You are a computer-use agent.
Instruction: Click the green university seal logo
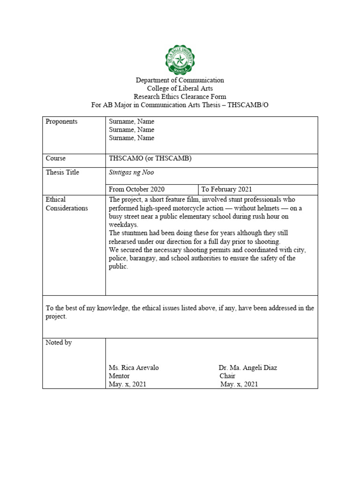[180, 60]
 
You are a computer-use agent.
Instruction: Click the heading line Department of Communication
[180, 80]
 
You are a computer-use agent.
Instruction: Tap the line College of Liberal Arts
[180, 89]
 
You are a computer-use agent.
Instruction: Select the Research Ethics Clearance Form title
[180, 97]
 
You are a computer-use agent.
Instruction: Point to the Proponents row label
[61, 121]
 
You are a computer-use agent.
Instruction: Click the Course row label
[55, 158]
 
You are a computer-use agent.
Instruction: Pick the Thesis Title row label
[62, 172]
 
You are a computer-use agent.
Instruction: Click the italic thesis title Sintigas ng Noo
[131, 172]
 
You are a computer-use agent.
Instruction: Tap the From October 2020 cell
[136, 189]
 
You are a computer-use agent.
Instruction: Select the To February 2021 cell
[227, 189]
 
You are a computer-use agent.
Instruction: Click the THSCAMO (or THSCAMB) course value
[150, 158]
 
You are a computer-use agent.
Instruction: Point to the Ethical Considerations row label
[66, 204]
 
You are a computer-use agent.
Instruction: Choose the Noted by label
[59, 343]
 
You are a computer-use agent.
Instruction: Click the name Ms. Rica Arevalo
[134, 368]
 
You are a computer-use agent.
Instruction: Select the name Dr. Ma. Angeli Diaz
[247, 368]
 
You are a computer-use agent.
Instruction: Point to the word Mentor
[119, 376]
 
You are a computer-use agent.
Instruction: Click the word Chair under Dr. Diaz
[227, 376]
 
